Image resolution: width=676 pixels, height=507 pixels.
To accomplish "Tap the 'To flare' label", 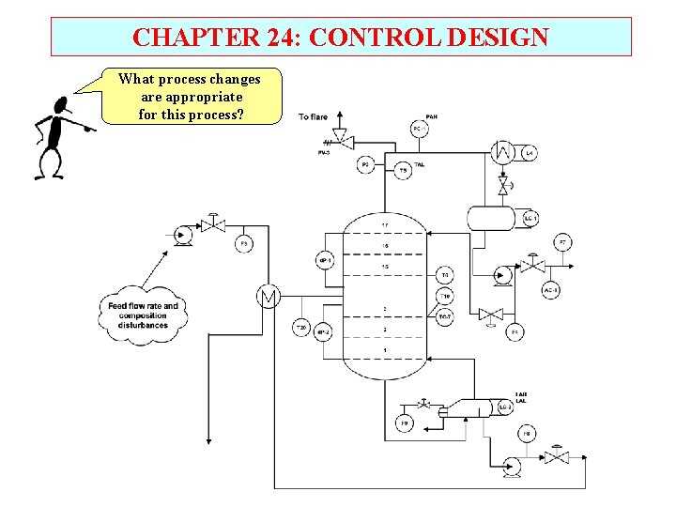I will coord(313,117).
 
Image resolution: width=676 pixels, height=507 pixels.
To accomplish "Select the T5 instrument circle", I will coord(403,170).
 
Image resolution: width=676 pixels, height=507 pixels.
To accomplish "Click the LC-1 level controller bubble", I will coord(530,219).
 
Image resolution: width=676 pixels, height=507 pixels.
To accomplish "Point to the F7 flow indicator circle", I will coord(561,243).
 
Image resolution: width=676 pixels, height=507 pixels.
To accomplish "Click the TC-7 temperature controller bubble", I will coord(445,316).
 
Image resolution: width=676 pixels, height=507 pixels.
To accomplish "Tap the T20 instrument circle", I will coord(300,328).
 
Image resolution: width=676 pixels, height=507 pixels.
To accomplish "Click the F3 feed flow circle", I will coord(243,243).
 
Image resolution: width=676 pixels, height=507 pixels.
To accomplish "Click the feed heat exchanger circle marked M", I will coord(269,298).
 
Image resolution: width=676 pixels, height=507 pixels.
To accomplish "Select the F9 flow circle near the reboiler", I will coord(404,424).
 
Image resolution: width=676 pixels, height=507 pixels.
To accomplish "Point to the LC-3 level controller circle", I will coord(504,407).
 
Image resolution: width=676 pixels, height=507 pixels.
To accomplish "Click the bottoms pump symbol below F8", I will coord(512,463).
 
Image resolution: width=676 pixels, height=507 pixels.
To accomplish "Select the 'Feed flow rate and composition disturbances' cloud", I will coord(143,313).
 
